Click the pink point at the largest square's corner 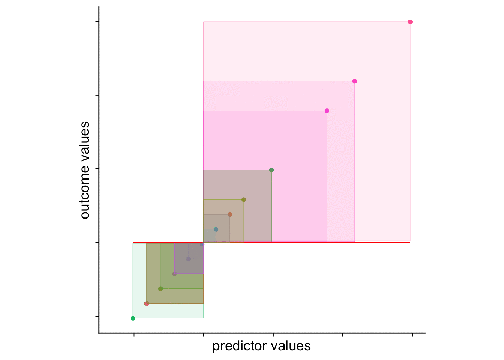click(410, 22)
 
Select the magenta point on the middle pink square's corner click(355, 81)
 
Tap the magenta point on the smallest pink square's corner click(327, 111)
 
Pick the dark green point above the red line click(271, 170)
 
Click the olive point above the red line click(244, 200)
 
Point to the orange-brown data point click(230, 214)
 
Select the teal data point click(216, 229)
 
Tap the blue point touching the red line click(202, 244)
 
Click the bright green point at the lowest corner click(133, 318)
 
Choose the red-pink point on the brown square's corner click(147, 303)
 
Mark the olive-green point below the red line click(160, 289)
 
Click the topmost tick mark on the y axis click(97, 21)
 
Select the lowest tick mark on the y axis click(97, 316)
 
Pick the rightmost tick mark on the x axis click(412, 335)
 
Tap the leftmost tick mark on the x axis click(133, 335)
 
